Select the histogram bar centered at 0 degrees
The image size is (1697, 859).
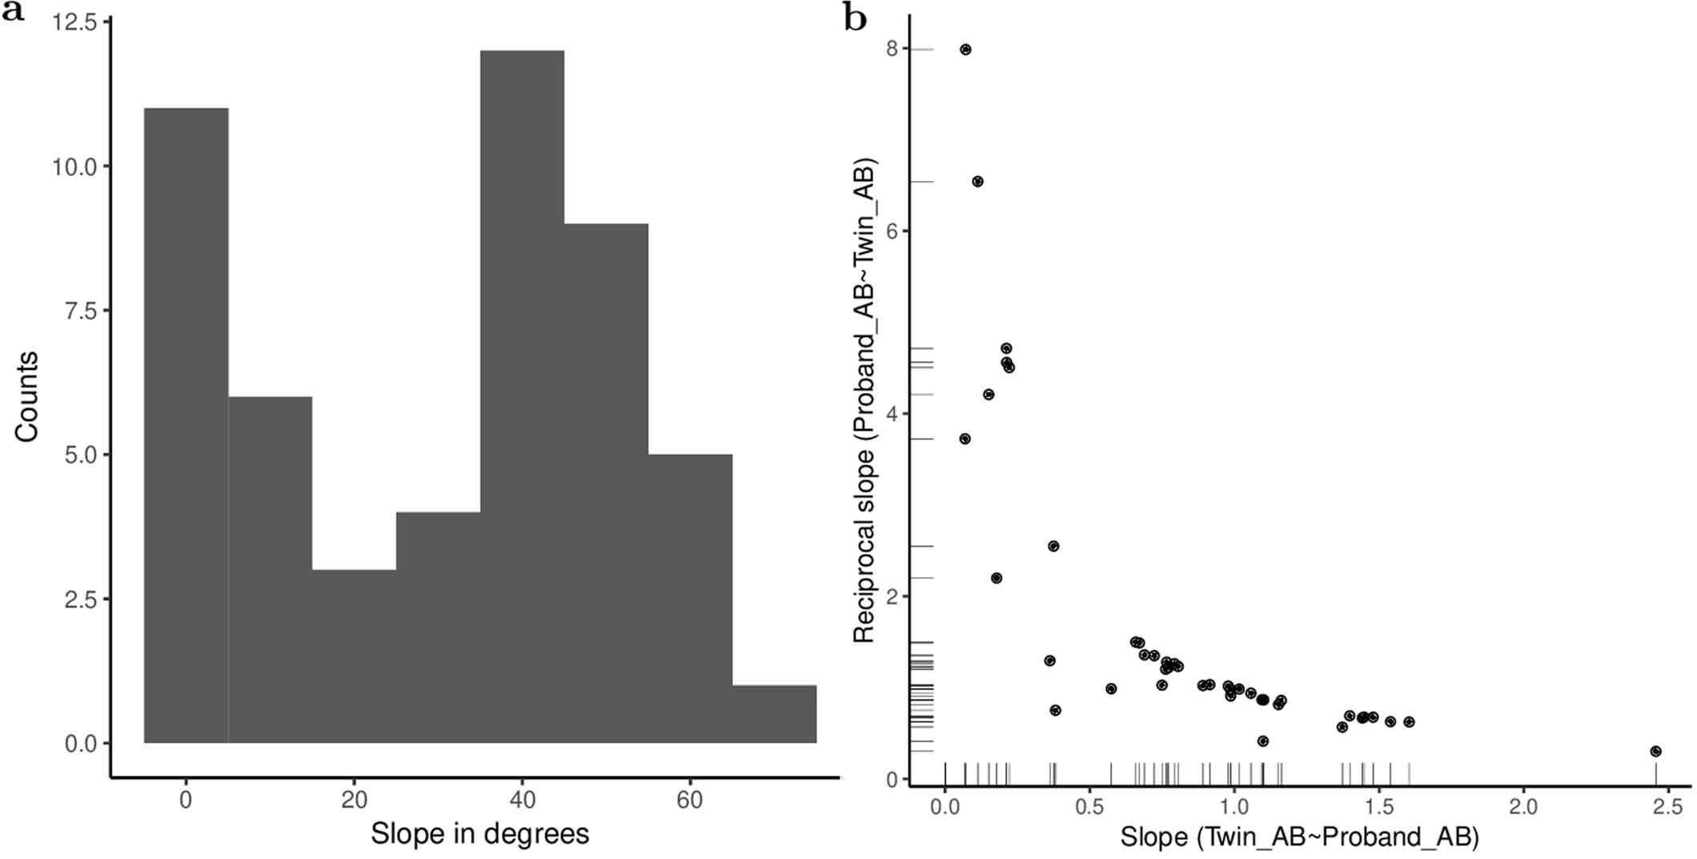pos(186,425)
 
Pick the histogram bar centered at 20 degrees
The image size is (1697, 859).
pos(354,656)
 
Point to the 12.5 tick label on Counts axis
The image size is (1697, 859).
pos(74,22)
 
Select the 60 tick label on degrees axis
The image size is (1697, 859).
pos(689,800)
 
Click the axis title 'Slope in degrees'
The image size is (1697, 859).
pos(479,833)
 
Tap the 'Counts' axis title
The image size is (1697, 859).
pos(26,396)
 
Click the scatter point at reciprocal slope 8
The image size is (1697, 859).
pos(965,50)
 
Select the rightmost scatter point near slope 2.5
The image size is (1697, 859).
pos(1655,751)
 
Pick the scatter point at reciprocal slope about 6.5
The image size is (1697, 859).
pos(977,182)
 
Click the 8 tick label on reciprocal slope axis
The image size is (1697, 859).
pos(893,49)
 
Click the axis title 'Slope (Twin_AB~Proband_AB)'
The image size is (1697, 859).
pos(1299,837)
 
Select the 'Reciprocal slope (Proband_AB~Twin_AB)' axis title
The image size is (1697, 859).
pos(865,400)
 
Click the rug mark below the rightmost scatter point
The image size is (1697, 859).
pos(1655,773)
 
